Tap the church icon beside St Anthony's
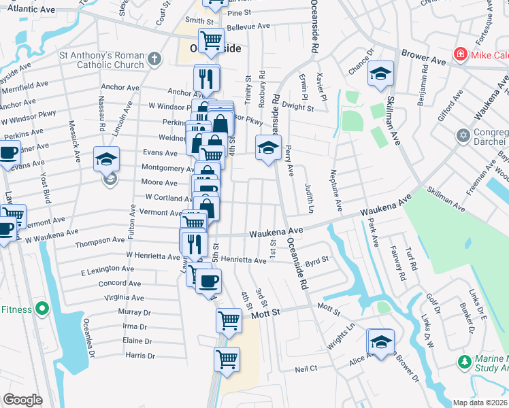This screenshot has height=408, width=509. point(155,60)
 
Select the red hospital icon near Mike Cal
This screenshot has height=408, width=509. point(461,54)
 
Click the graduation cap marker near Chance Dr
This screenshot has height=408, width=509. point(380,73)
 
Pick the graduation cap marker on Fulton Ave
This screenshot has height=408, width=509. point(105,160)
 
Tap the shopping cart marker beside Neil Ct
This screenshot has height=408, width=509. point(227,358)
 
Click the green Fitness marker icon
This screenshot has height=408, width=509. point(42,309)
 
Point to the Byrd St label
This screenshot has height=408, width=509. point(317,260)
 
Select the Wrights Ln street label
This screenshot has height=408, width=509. point(341,337)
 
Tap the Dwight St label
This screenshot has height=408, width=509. point(298,107)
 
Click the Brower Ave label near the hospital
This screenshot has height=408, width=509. point(423,58)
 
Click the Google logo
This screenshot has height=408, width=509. point(23,400)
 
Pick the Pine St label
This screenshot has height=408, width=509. point(240,13)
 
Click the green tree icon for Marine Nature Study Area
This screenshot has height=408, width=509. point(465,360)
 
